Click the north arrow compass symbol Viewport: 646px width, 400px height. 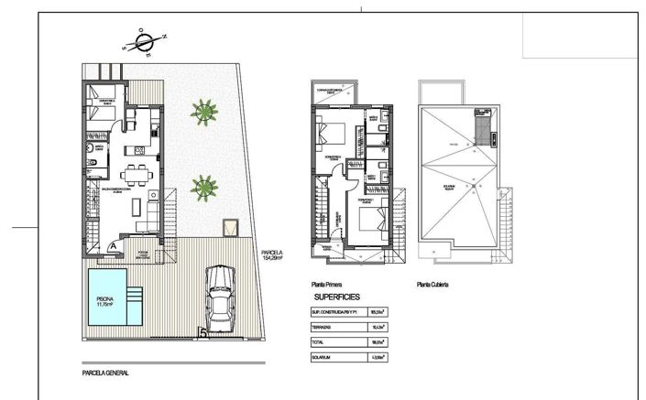pos(145,42)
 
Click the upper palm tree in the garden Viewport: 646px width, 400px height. pos(204,113)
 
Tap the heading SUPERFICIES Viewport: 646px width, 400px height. pos(337,297)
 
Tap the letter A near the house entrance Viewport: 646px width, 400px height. pos(111,245)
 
